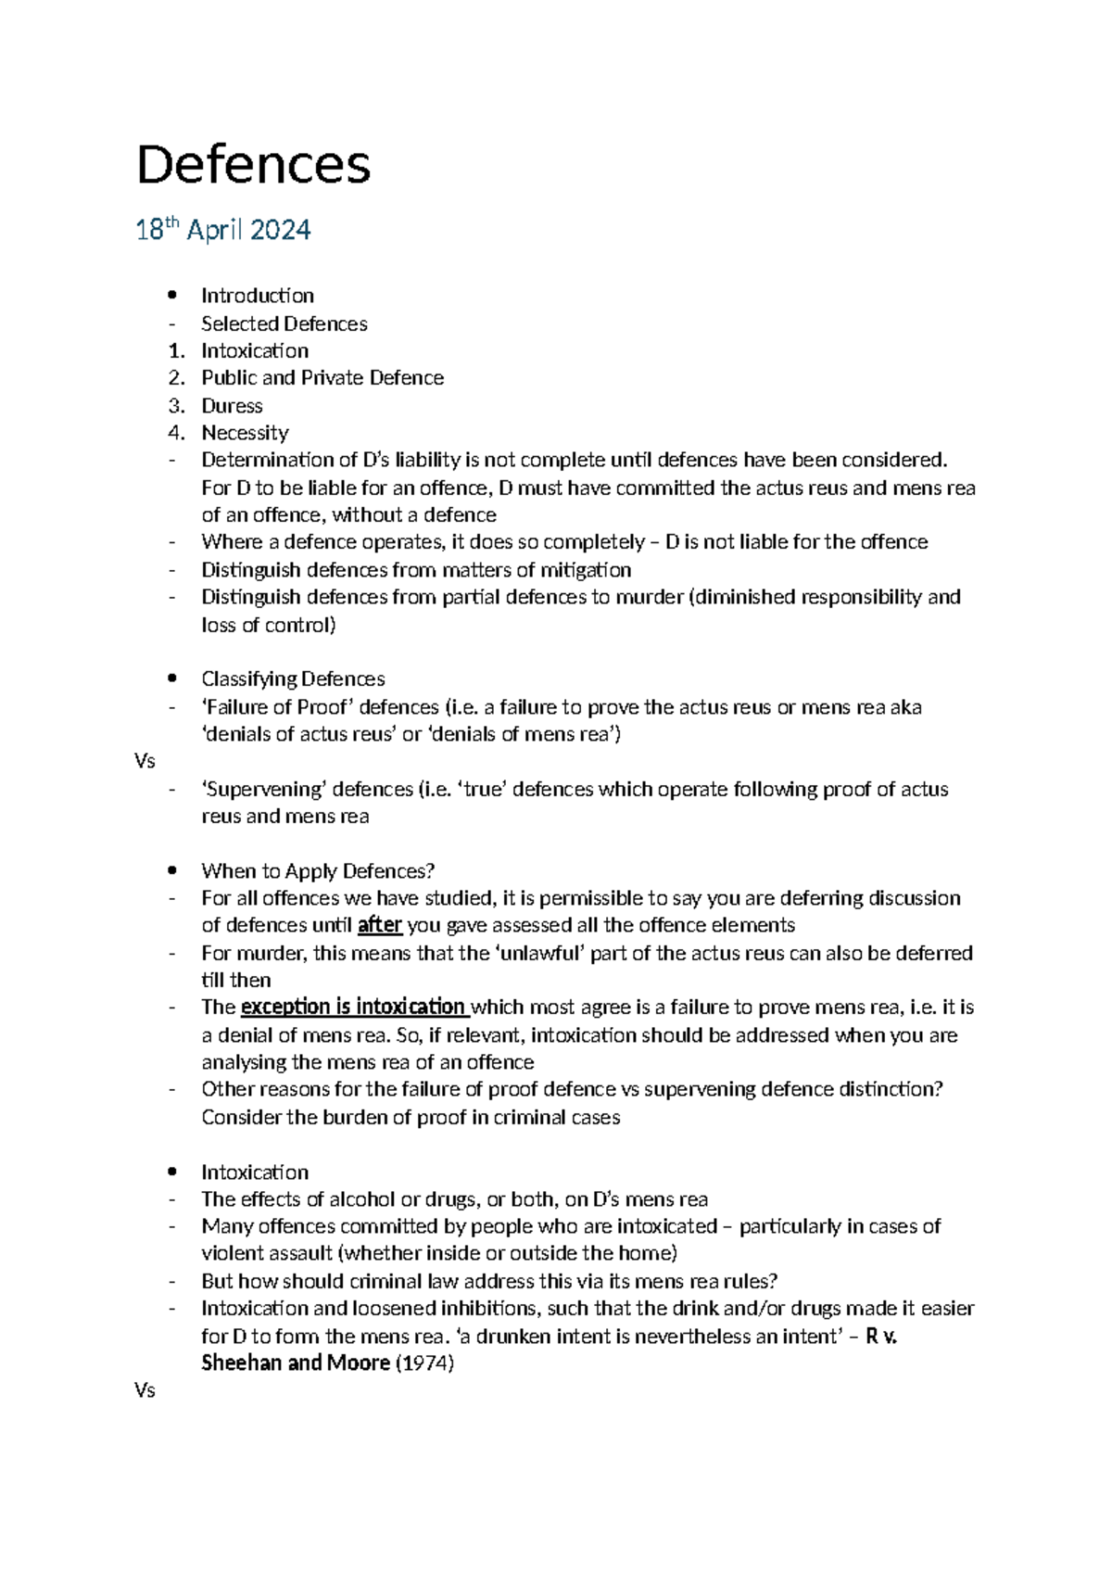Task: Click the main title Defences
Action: pyautogui.click(x=253, y=165)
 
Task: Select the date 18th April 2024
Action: pyautogui.click(x=223, y=230)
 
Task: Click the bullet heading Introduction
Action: pyautogui.click(x=258, y=296)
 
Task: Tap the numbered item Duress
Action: pyautogui.click(x=232, y=406)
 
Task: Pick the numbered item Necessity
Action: pyautogui.click(x=245, y=433)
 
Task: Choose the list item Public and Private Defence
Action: pyautogui.click(x=322, y=378)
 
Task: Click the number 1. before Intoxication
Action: pyautogui.click(x=176, y=351)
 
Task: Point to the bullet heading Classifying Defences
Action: pyautogui.click(x=293, y=679)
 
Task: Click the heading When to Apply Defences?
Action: pyautogui.click(x=318, y=871)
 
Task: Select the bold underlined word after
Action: pyautogui.click(x=380, y=925)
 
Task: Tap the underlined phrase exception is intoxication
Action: pyautogui.click(x=353, y=1008)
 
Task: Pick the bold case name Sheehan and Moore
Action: pyautogui.click(x=295, y=1363)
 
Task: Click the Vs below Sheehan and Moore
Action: pyautogui.click(x=145, y=1391)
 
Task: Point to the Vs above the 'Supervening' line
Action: pyautogui.click(x=145, y=762)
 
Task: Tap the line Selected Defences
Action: pyautogui.click(x=284, y=323)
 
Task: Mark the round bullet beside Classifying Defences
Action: pyautogui.click(x=171, y=679)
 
